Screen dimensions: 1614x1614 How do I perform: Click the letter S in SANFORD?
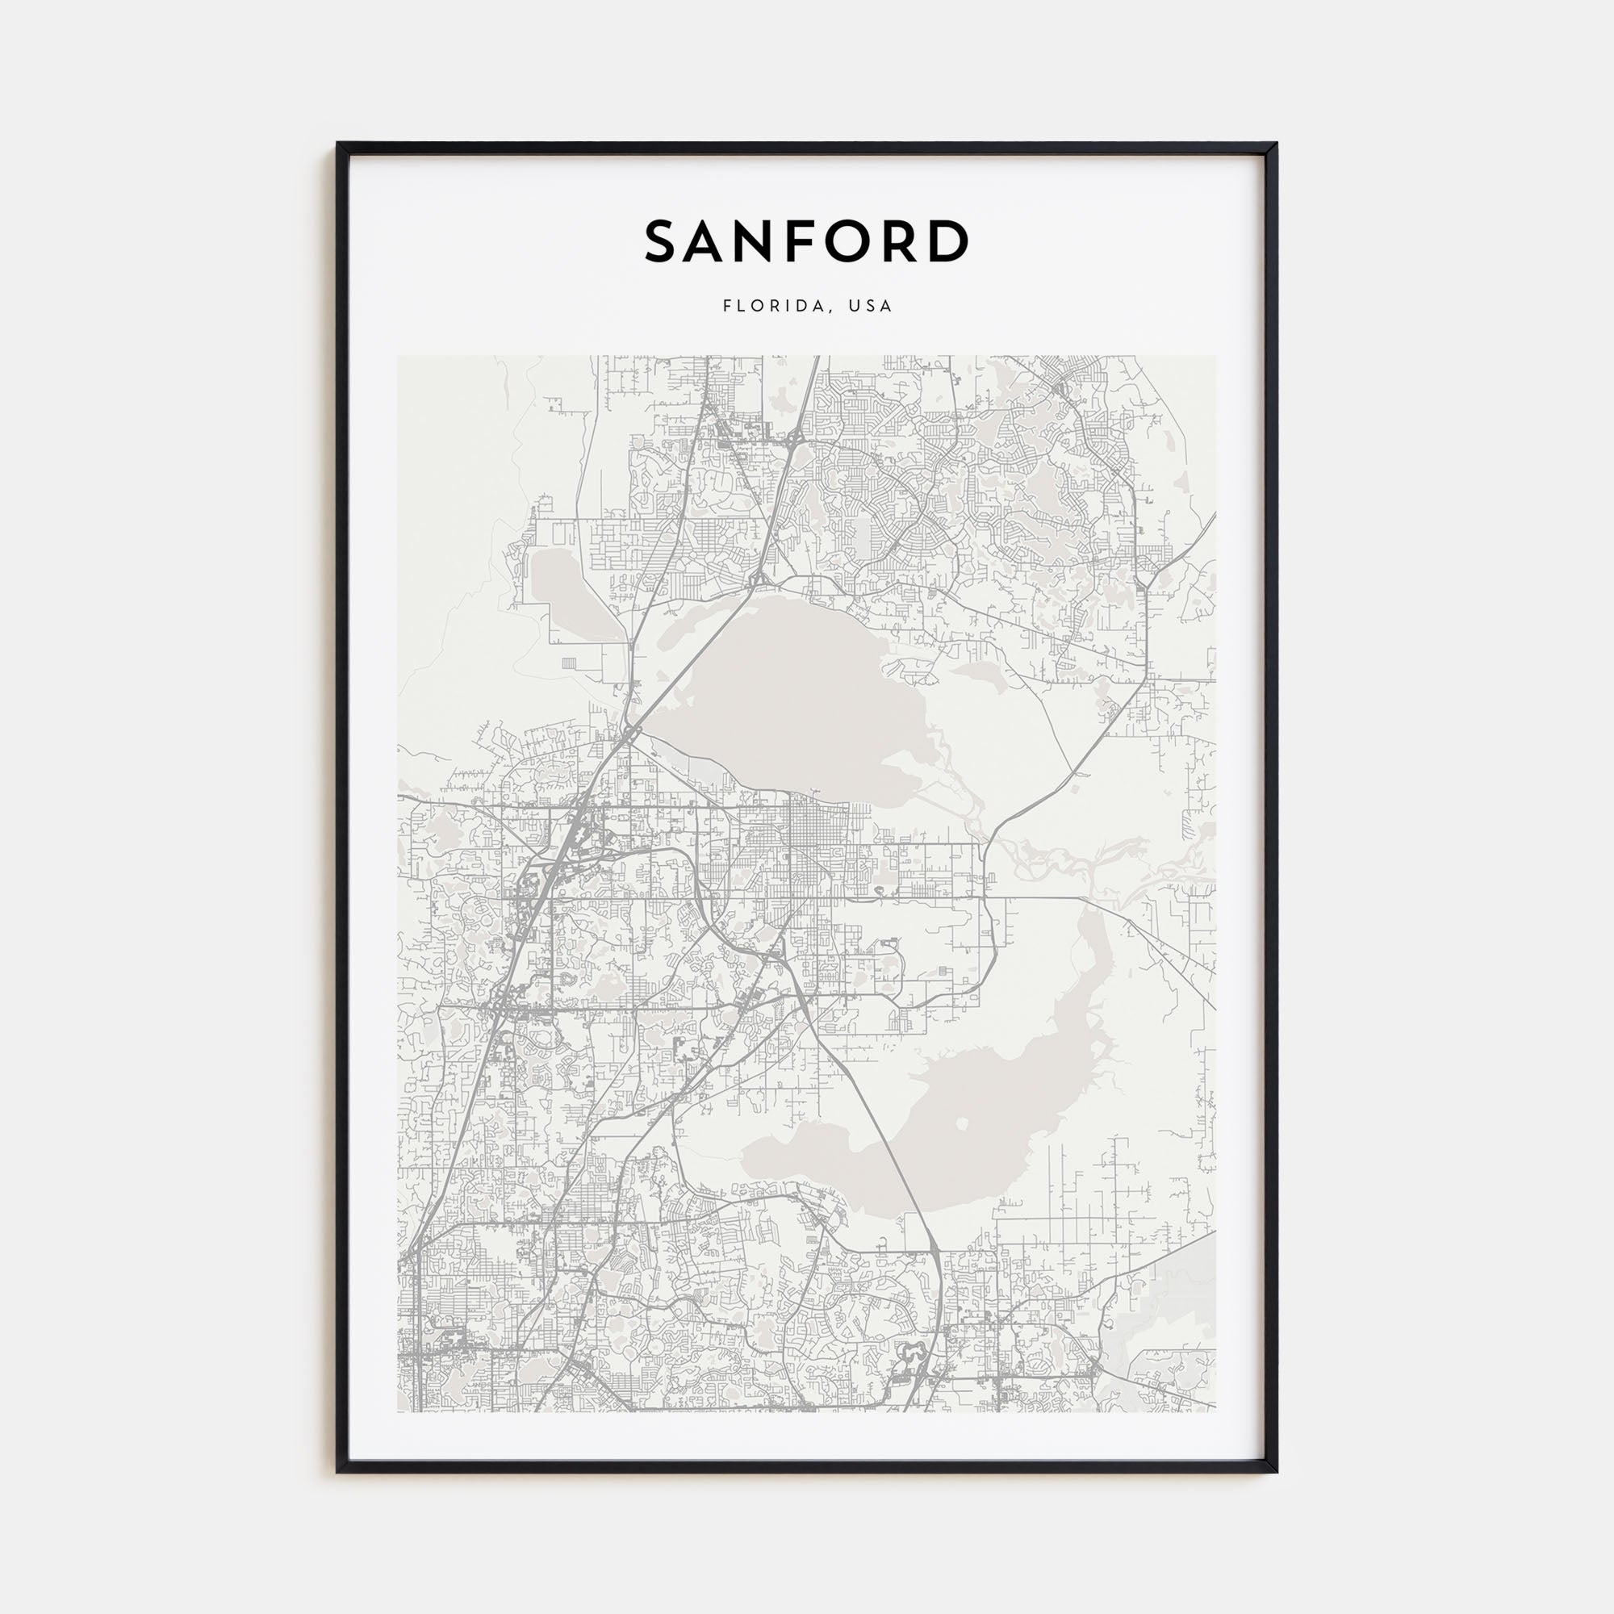(x=663, y=241)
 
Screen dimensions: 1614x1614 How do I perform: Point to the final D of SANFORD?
(x=948, y=241)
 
